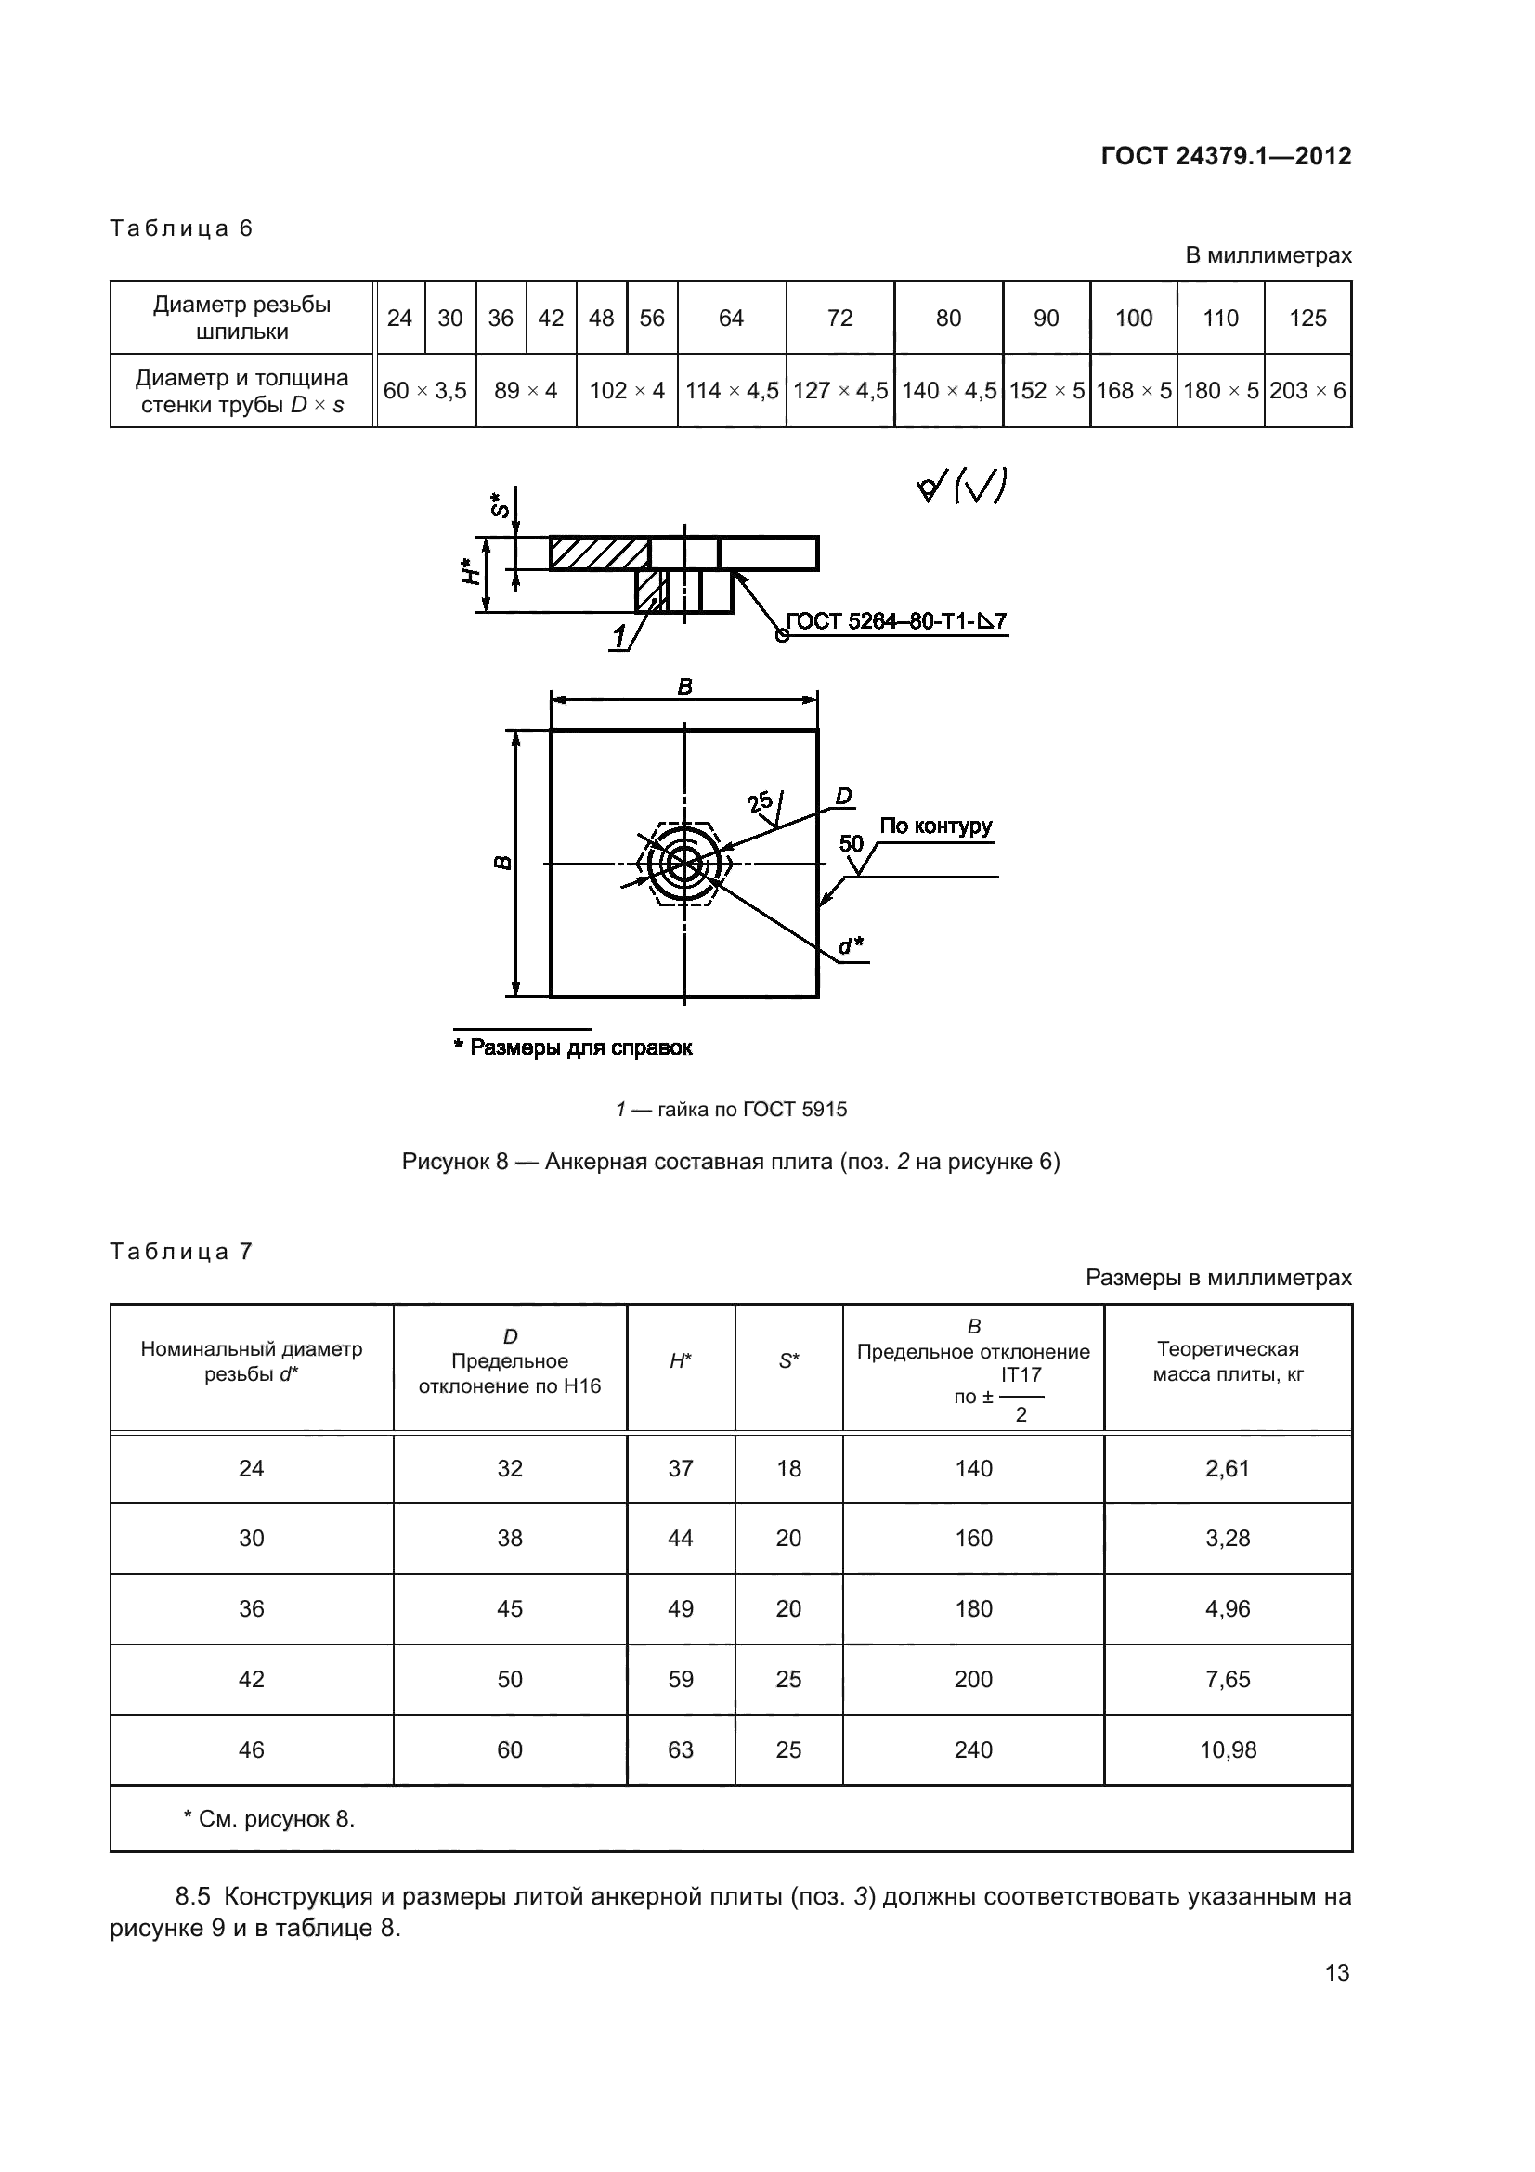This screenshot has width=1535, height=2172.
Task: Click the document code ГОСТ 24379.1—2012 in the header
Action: pyautogui.click(x=1226, y=156)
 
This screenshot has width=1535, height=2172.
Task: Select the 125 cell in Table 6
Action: pyautogui.click(x=1307, y=318)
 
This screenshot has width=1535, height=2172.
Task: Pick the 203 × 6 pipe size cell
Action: pyautogui.click(x=1307, y=391)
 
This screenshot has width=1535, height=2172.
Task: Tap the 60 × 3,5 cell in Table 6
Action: pyautogui.click(x=425, y=391)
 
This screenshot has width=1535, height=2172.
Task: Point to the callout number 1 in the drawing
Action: pyautogui.click(x=619, y=638)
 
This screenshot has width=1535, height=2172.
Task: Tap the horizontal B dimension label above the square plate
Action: pyautogui.click(x=684, y=687)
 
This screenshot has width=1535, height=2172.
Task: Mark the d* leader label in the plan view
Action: pyautogui.click(x=852, y=945)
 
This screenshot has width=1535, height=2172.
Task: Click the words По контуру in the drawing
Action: pyautogui.click(x=935, y=826)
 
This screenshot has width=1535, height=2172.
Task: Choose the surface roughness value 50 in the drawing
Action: pyautogui.click(x=852, y=843)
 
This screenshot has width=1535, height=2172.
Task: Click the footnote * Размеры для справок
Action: pyautogui.click(x=573, y=1047)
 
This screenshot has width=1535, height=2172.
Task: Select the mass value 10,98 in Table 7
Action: pyautogui.click(x=1228, y=1750)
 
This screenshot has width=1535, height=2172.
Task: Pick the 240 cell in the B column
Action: pyautogui.click(x=973, y=1750)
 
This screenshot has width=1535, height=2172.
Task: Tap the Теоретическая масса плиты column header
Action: pyautogui.click(x=1228, y=1361)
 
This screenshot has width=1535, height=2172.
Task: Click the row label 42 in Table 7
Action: pyautogui.click(x=252, y=1679)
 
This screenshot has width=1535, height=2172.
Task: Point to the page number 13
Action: pyautogui.click(x=1336, y=1972)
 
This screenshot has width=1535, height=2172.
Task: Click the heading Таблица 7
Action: pyautogui.click(x=182, y=1252)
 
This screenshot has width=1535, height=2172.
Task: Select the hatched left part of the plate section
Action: pyautogui.click(x=599, y=553)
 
